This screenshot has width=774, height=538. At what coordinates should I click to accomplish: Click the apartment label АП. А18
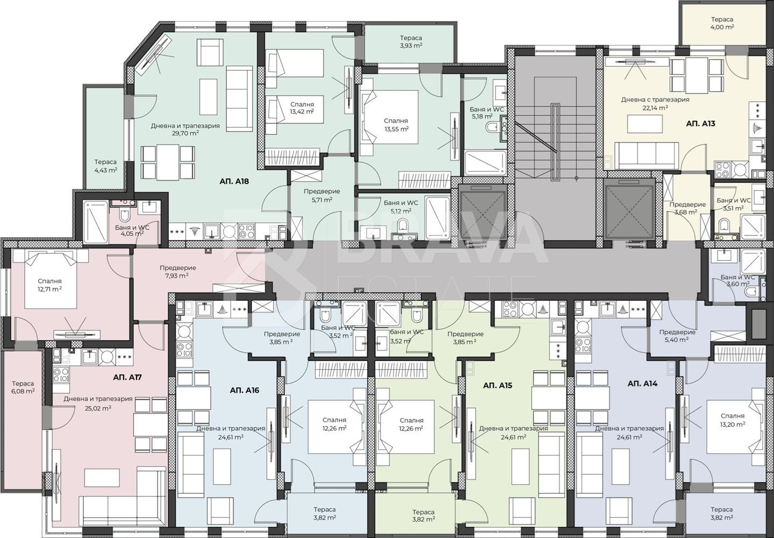click(x=234, y=181)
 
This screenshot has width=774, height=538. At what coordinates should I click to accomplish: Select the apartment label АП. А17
click(x=127, y=377)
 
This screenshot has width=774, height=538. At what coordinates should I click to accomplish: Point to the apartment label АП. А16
click(x=244, y=391)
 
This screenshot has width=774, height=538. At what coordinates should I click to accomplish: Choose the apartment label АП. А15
click(x=498, y=385)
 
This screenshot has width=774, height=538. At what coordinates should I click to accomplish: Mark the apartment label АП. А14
click(x=642, y=384)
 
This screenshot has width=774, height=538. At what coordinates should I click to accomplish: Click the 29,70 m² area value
click(x=185, y=133)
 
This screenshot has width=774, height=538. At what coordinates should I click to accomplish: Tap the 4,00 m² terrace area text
click(x=722, y=27)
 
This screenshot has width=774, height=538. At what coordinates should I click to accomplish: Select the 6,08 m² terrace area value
click(x=23, y=392)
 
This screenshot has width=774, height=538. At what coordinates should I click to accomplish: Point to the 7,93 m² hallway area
click(x=177, y=275)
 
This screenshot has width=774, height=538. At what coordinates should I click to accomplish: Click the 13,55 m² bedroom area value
click(x=397, y=128)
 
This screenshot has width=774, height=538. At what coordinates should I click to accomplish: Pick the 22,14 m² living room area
click(x=655, y=107)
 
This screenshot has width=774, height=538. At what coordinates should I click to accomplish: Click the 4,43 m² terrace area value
click(x=106, y=170)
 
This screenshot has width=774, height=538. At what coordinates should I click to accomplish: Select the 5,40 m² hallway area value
click(x=677, y=339)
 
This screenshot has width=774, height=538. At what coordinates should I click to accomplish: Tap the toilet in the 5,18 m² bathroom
click(x=492, y=128)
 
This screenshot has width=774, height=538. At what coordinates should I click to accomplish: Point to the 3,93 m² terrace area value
click(x=411, y=45)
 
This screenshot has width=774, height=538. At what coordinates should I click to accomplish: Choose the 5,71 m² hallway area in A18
click(x=321, y=199)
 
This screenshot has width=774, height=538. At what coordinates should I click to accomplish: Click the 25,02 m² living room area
click(x=98, y=408)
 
